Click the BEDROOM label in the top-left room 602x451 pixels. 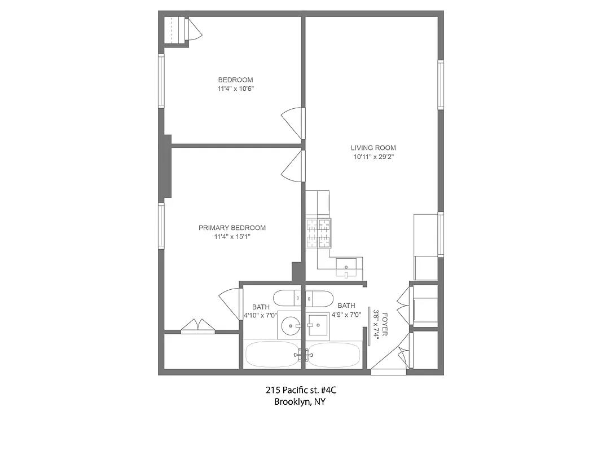point(235,79)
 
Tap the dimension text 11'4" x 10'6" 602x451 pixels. point(235,89)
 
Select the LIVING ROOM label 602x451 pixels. point(373,148)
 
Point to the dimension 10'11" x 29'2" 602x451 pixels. point(373,157)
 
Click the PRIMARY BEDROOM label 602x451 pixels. point(232,228)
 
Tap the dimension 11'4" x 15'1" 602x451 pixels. point(232,237)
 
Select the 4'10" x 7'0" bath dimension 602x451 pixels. point(260,315)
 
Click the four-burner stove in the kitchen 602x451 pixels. point(318,233)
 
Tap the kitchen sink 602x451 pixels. point(346,266)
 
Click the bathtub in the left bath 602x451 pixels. point(272,355)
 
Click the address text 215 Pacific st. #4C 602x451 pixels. point(300,390)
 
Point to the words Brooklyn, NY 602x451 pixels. point(300,402)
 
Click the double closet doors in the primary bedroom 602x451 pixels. point(197,326)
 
